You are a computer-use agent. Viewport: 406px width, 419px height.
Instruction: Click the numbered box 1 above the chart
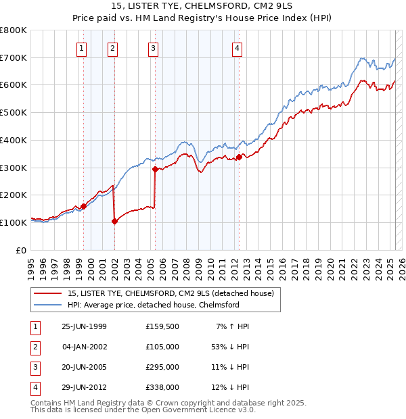(x=82, y=47)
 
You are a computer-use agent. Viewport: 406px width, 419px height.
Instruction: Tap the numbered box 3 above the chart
(x=154, y=47)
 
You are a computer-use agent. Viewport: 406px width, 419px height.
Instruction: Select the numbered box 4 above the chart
(x=238, y=47)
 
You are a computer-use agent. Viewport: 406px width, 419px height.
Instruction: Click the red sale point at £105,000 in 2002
(x=114, y=221)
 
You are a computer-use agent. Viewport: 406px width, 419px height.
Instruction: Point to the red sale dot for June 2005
(x=156, y=169)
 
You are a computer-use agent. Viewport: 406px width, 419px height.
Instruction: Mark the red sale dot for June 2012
(x=239, y=157)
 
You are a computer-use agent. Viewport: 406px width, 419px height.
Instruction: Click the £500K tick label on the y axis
(x=14, y=113)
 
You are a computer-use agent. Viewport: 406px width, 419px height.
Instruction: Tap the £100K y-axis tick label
(x=14, y=222)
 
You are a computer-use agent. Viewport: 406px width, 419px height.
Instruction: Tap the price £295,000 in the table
(x=162, y=368)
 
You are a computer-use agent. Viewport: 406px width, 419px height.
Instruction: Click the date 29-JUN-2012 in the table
(x=84, y=387)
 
